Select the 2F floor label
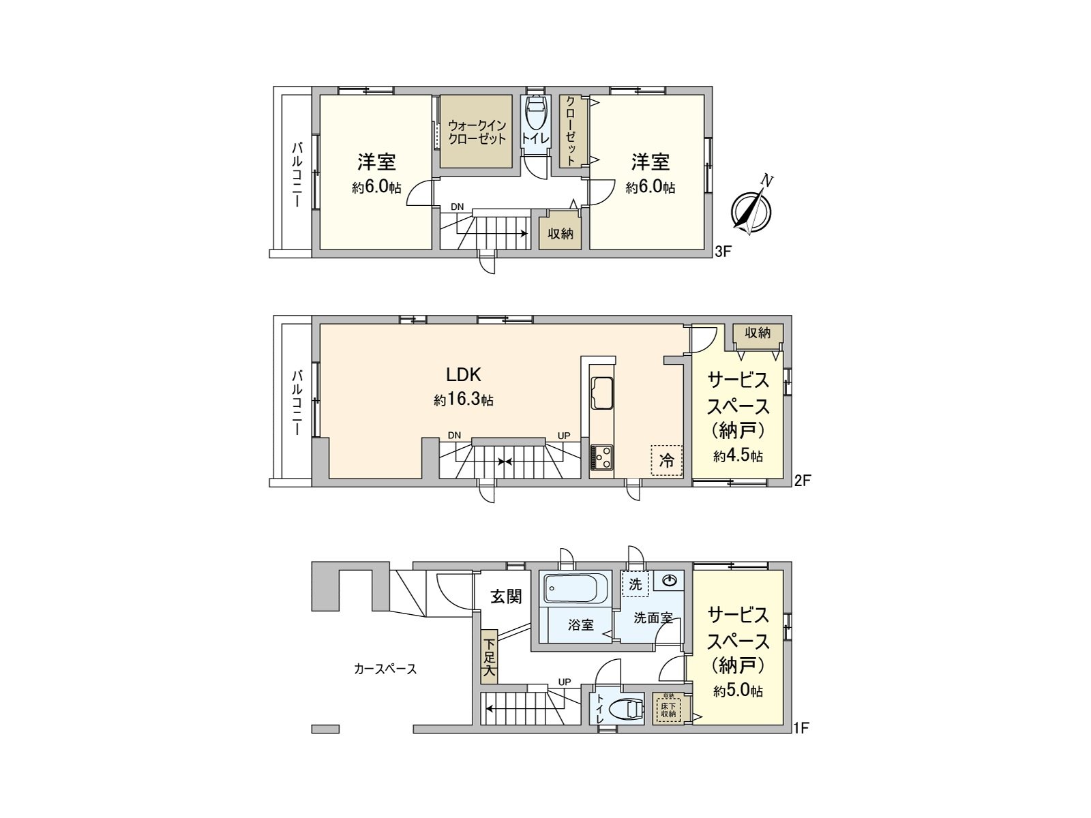point(802,481)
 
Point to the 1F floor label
point(801,727)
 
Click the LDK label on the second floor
point(464,374)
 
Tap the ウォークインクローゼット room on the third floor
point(477,132)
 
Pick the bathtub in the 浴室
point(576,588)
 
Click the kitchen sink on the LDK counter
point(602,393)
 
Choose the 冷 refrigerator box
point(666,461)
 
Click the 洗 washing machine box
point(636,584)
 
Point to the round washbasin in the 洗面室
point(670,580)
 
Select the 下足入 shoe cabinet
point(489,659)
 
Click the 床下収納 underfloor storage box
point(668,708)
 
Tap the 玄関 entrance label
point(507,596)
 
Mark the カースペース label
point(385,669)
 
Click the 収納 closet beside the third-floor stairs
point(561,233)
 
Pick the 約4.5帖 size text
point(738,456)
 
